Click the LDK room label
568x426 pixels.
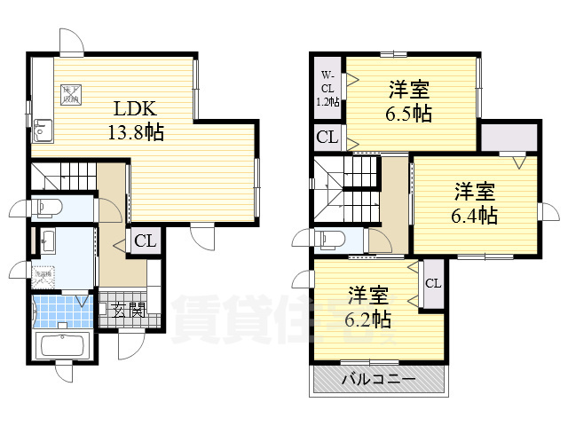point(135,110)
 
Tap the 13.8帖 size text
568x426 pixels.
point(135,132)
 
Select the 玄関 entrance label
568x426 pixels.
point(129,311)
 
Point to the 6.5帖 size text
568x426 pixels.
point(409,113)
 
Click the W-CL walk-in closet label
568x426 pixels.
point(327,88)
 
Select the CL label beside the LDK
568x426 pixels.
point(145,241)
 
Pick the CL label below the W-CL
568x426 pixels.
point(327,138)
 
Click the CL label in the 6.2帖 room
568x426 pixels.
point(433,284)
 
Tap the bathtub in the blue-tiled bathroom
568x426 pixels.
point(61,345)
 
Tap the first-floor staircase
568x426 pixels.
point(62,176)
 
